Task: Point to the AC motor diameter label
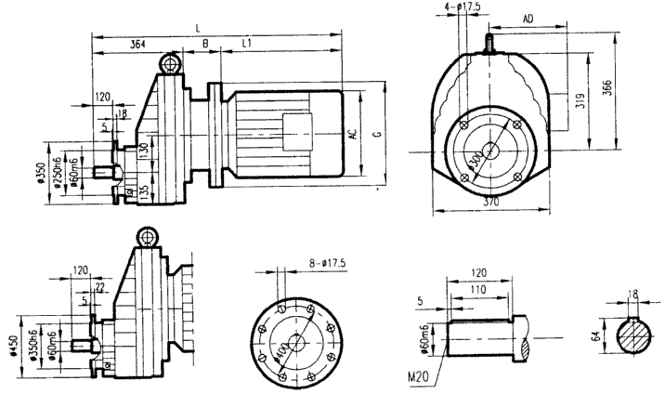tap(354, 132)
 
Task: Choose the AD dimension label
tap(528, 19)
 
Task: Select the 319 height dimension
tap(580, 102)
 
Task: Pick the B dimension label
tap(204, 43)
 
